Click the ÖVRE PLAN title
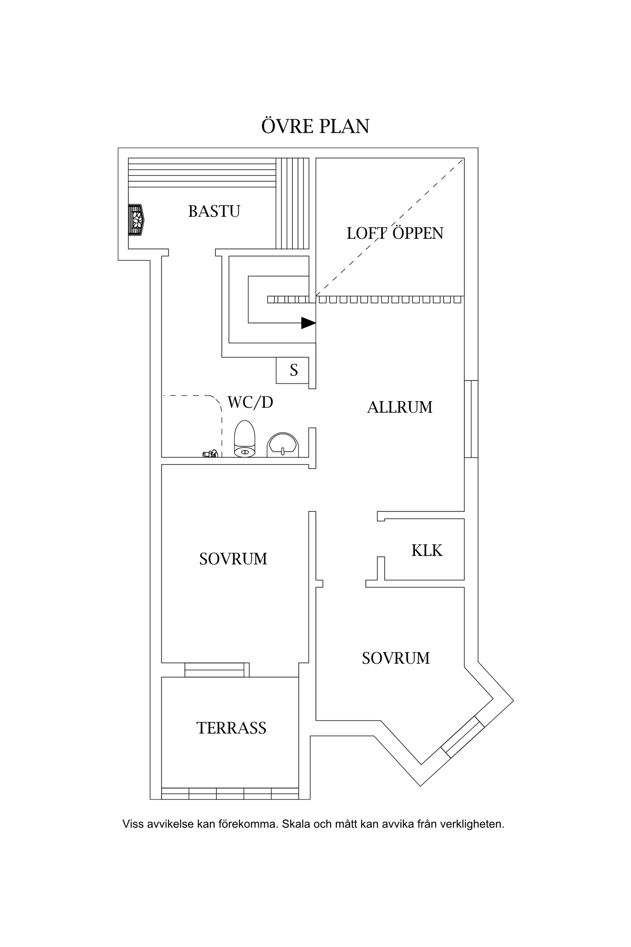click(315, 126)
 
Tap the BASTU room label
click(214, 211)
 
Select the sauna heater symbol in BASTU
click(136, 220)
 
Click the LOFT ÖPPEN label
click(395, 233)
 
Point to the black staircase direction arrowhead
click(308, 323)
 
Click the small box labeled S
click(293, 370)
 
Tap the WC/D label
click(250, 402)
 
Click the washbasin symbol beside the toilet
click(283, 444)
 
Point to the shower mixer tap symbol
click(210, 453)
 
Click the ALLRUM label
click(400, 407)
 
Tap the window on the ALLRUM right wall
click(471, 419)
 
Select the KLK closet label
click(427, 551)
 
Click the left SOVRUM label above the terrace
click(233, 559)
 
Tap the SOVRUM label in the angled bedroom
click(395, 658)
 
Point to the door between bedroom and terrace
click(217, 670)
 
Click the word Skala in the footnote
click(295, 824)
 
